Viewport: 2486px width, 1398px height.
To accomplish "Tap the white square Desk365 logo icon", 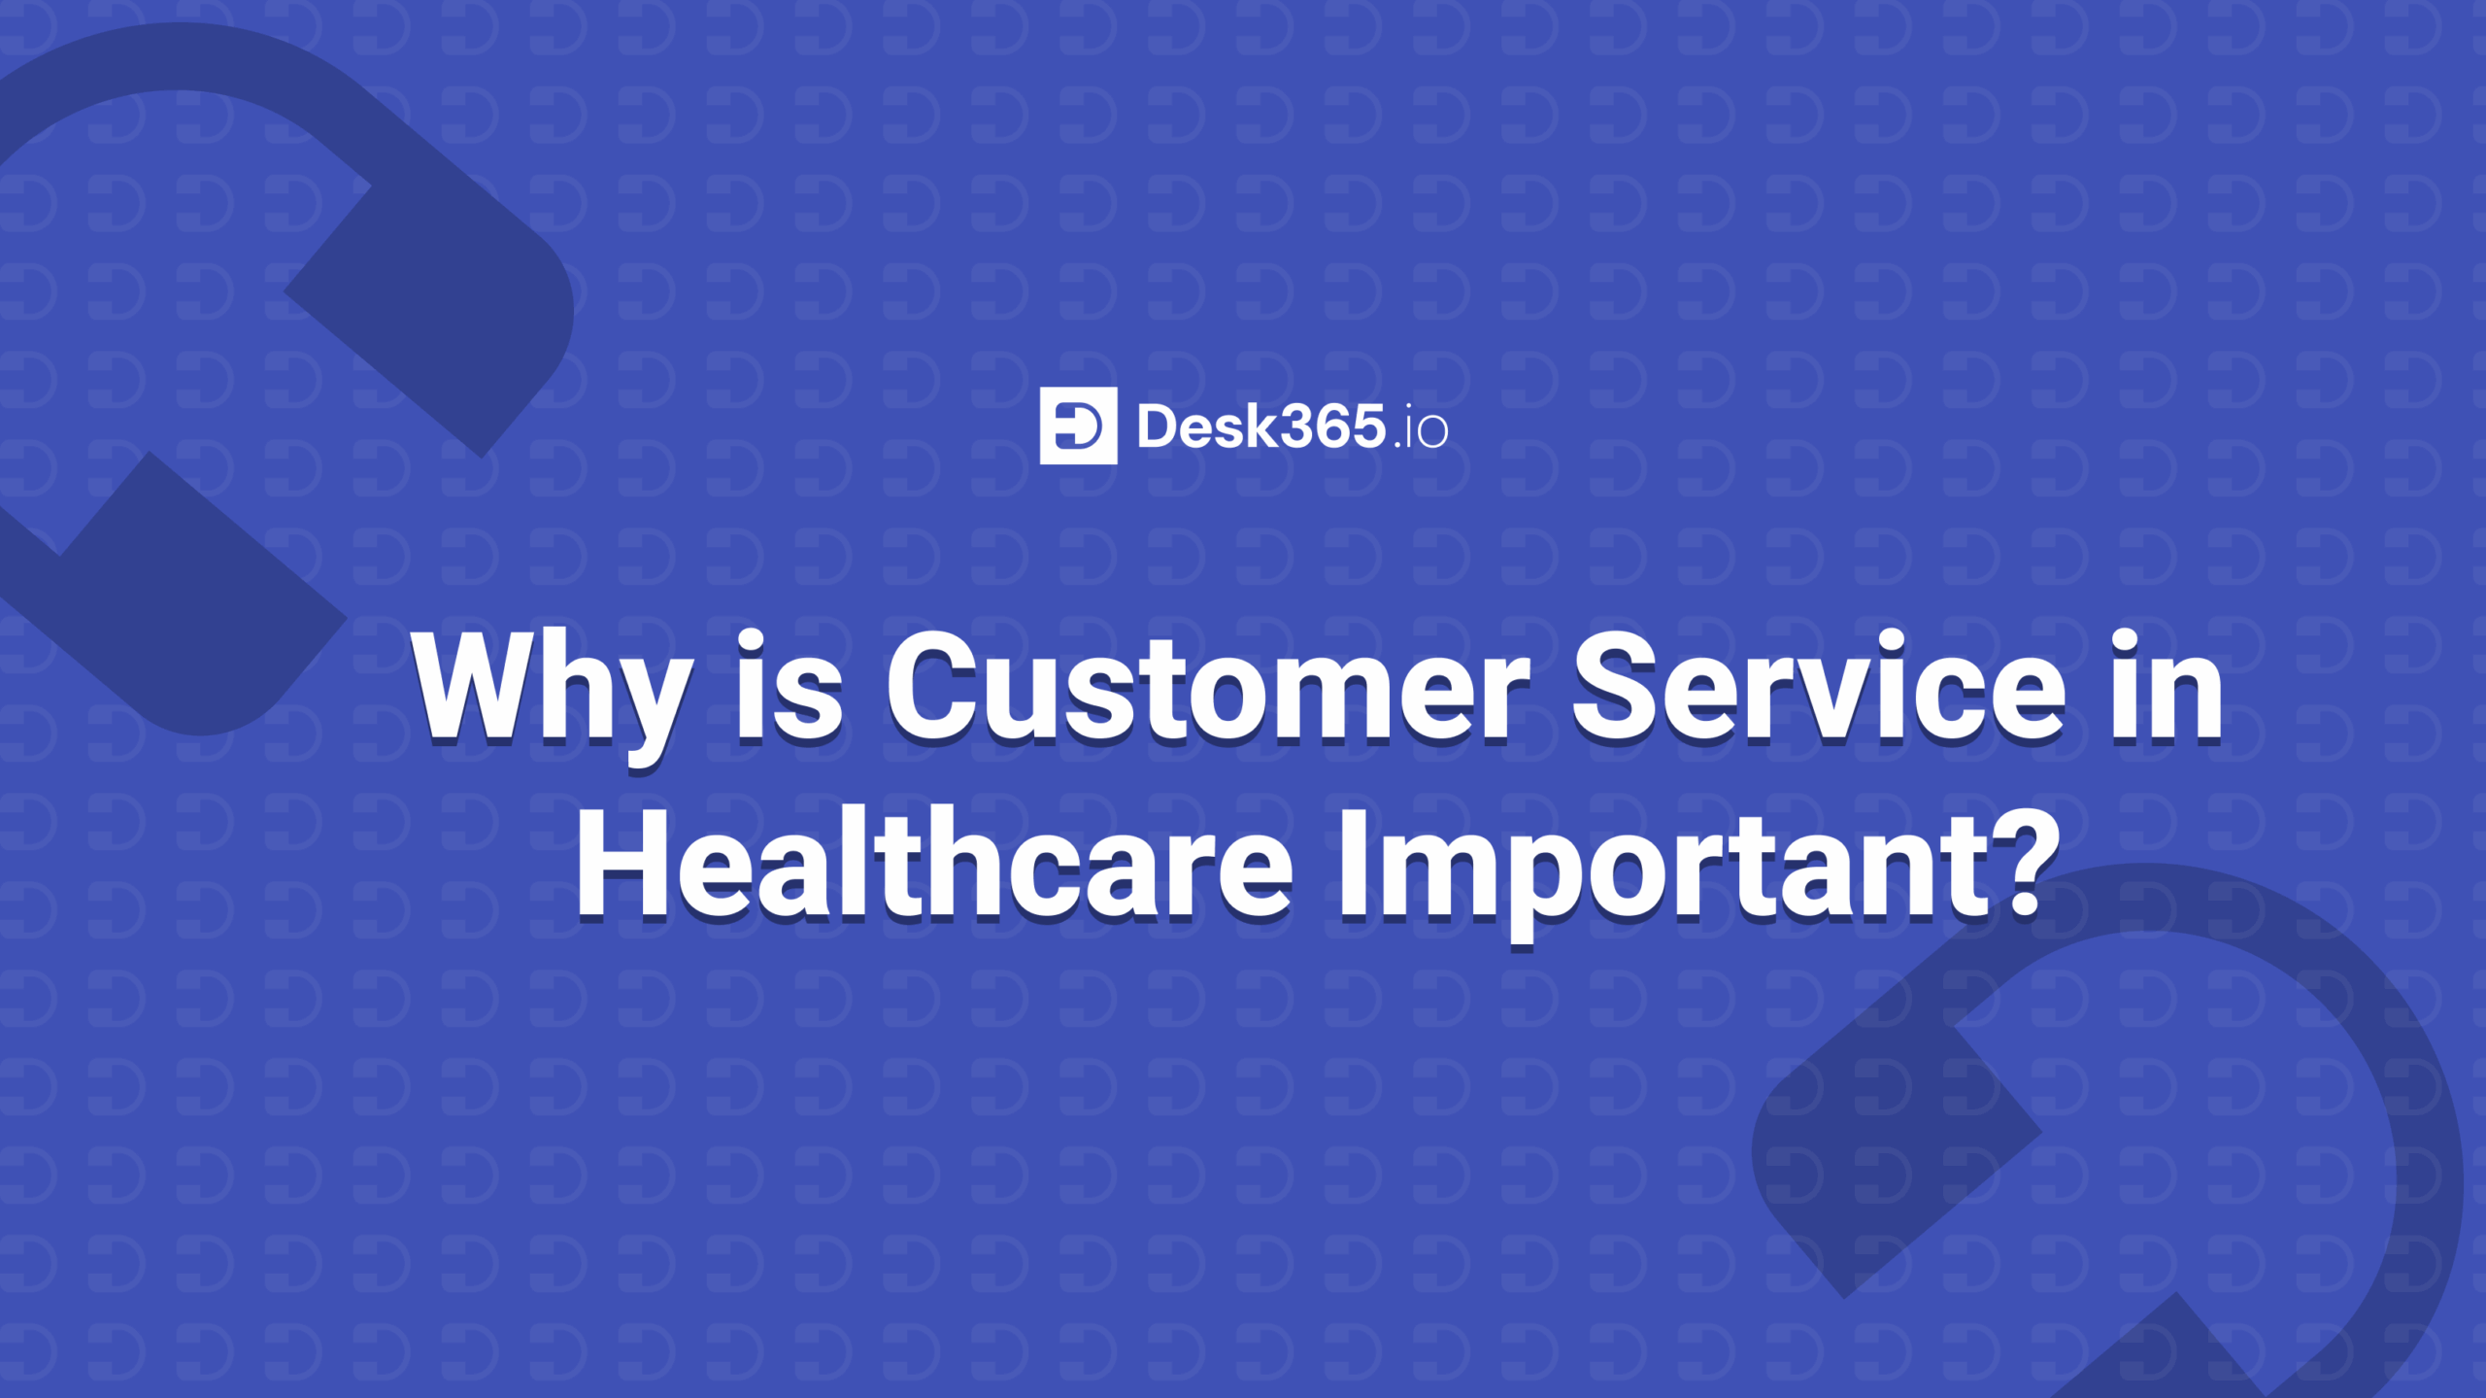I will pos(1078,426).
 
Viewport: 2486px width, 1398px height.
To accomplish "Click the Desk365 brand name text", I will pos(1260,426).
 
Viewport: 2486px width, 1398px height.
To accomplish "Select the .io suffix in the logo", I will pos(1421,430).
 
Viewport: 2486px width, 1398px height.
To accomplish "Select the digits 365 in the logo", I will pos(1332,426).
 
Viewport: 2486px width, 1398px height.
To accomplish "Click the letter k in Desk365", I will pos(1260,426).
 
